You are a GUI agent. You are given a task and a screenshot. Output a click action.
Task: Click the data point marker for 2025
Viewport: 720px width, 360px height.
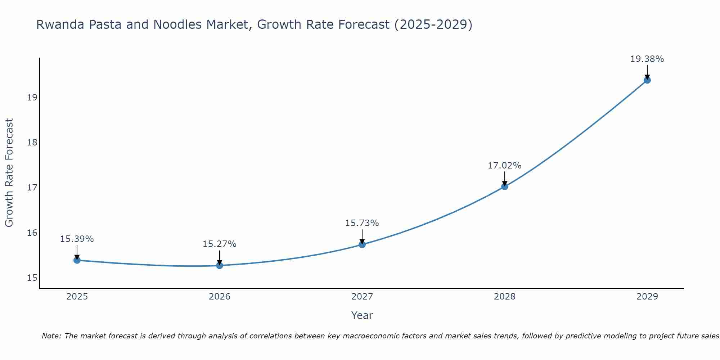(x=77, y=260)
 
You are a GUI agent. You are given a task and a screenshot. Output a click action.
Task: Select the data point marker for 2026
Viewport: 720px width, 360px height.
(x=220, y=265)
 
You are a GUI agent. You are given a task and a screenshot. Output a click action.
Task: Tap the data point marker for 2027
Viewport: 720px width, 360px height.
(x=362, y=244)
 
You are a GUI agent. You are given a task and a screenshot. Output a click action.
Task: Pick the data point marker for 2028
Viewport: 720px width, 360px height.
(x=505, y=186)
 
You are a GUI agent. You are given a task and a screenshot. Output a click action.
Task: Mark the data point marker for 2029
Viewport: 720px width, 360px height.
(x=647, y=80)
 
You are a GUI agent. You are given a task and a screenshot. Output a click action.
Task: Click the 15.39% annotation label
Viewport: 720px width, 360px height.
(x=77, y=239)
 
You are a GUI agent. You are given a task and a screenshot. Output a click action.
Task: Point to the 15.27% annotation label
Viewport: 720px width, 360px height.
(x=220, y=244)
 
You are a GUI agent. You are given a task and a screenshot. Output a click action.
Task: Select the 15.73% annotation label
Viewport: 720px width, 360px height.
(x=362, y=223)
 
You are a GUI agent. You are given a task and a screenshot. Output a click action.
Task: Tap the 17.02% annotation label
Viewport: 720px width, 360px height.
(x=505, y=166)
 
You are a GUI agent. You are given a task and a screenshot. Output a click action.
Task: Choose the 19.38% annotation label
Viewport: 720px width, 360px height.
(x=647, y=59)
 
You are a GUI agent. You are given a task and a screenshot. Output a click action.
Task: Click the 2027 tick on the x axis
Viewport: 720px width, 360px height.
(x=362, y=297)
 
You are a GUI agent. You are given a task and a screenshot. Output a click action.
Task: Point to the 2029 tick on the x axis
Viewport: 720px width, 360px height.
(x=647, y=297)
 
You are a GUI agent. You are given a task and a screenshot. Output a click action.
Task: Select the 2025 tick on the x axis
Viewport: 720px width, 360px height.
(x=77, y=297)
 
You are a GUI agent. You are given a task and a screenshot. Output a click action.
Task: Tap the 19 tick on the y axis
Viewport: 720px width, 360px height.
(x=32, y=98)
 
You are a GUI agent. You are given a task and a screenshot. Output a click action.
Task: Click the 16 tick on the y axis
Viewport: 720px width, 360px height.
(x=32, y=233)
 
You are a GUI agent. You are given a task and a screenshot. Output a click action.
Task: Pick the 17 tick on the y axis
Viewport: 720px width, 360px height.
(x=32, y=188)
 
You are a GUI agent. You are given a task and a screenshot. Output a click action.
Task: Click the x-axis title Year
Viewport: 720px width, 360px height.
(x=362, y=315)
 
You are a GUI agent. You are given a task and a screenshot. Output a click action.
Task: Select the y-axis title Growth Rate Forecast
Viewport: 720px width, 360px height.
(x=9, y=173)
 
